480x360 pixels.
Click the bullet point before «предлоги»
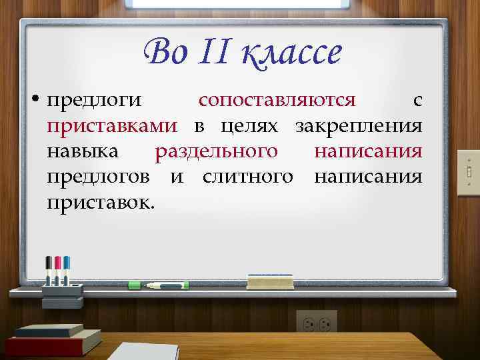point(39,101)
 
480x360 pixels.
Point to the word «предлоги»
point(94,101)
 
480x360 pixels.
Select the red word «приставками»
point(112,126)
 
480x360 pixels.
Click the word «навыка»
point(83,151)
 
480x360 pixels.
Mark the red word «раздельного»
point(216,151)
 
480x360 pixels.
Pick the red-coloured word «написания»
point(368,151)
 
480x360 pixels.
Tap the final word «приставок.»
point(101,202)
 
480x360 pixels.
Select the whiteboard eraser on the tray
point(270,281)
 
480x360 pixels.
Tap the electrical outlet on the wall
point(317,323)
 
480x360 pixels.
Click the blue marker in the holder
point(67,271)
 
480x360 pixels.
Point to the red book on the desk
point(53,343)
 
